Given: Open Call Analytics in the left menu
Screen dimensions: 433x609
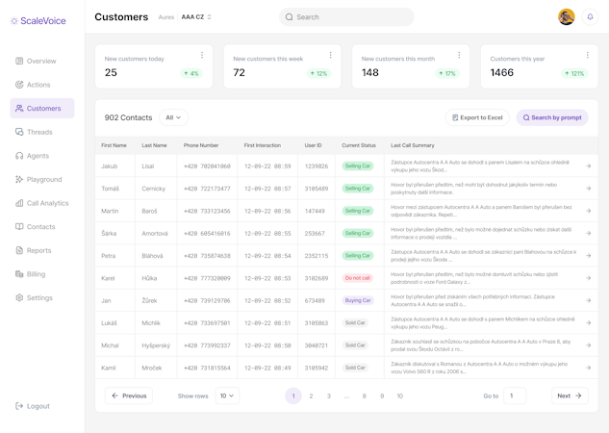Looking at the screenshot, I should [47, 203].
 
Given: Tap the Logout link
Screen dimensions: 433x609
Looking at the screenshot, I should [38, 406].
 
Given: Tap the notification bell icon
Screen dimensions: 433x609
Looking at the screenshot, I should [590, 17].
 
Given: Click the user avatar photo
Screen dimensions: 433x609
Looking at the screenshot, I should [566, 17].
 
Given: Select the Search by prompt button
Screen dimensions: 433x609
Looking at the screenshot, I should [552, 117].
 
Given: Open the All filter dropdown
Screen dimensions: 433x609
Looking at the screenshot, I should [173, 117].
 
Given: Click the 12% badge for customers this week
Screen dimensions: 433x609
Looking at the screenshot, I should [318, 73].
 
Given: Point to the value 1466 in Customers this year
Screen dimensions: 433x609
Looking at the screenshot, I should [501, 73].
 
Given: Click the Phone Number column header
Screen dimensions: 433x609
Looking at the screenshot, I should [201, 145].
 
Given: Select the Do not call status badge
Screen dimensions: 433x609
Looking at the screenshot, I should [357, 278].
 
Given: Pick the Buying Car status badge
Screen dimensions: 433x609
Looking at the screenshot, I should [357, 300].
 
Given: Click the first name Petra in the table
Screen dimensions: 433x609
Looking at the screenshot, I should [109, 256].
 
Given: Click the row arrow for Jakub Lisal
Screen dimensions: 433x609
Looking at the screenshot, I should [588, 166].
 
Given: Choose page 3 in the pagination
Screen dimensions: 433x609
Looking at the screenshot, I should [328, 395].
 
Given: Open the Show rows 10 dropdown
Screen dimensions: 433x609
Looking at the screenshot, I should [227, 395].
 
